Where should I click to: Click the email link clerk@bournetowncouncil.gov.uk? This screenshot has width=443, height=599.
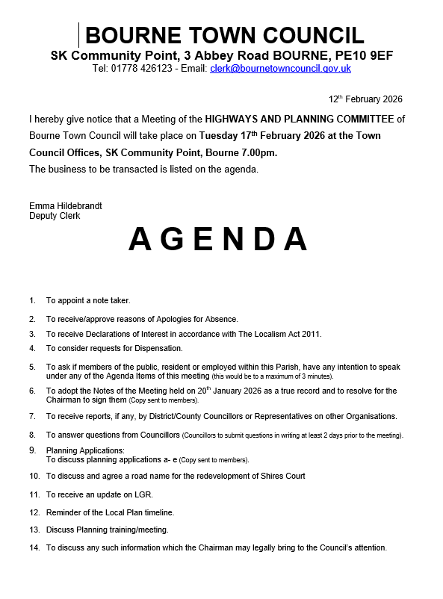[x=280, y=68]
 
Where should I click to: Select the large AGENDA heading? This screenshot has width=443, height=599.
[x=218, y=239]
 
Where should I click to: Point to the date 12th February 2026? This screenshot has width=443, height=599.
[x=365, y=99]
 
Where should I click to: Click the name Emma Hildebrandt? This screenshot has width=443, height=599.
[x=66, y=205]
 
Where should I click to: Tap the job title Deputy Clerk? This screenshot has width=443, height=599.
[x=55, y=216]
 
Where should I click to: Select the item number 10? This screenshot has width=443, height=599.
[x=34, y=476]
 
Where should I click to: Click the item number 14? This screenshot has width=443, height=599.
[x=34, y=547]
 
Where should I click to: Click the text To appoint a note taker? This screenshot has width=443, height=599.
[x=88, y=300]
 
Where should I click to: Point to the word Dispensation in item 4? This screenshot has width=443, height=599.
[x=157, y=348]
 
